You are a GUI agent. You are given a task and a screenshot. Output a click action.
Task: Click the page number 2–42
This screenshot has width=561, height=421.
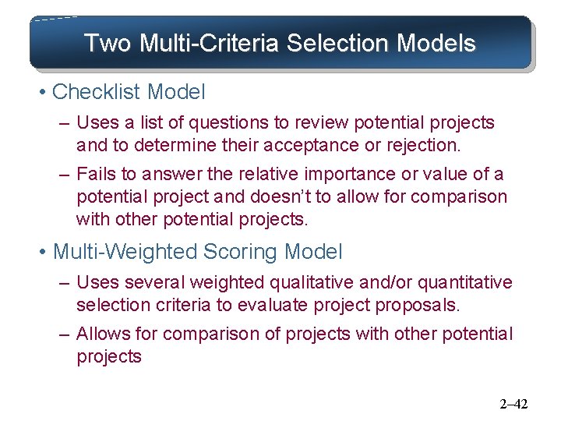tap(513, 404)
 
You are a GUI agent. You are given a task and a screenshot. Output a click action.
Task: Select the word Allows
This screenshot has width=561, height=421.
tap(104, 334)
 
